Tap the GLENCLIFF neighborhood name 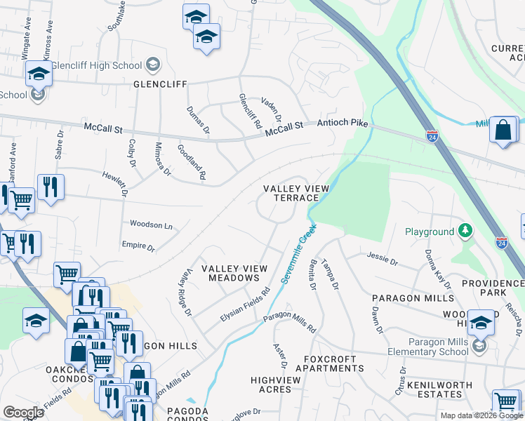[x=161, y=84]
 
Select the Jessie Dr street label [x=382, y=262]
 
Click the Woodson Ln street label [x=151, y=225]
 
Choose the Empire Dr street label [x=138, y=246]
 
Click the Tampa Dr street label [x=330, y=275]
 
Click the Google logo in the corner [x=24, y=413]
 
